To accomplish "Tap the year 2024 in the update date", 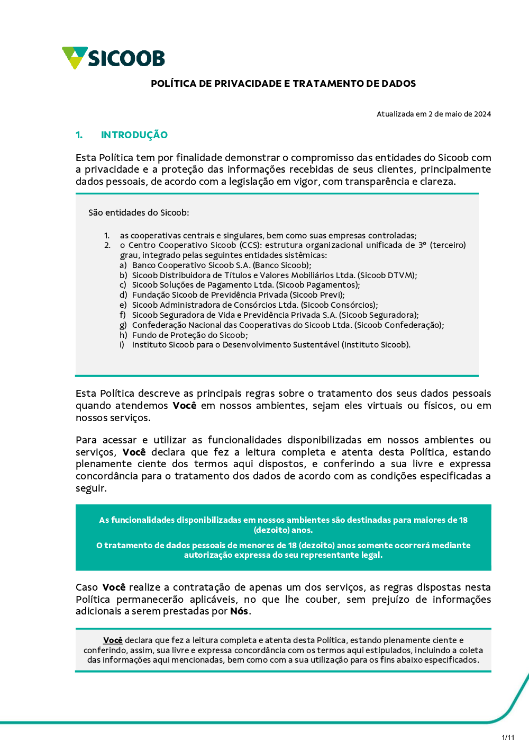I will pyautogui.click(x=482, y=114).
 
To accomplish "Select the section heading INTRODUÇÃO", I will pyautogui.click(x=134, y=135).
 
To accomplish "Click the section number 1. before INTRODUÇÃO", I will pyautogui.click(x=79, y=135).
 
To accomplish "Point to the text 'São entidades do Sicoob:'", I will pyautogui.click(x=139, y=213).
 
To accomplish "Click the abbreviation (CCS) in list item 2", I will pyautogui.click(x=250, y=245).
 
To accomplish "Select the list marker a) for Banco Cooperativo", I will pyautogui.click(x=123, y=265).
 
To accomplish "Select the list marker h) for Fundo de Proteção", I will pyautogui.click(x=123, y=335).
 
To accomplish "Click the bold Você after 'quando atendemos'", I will pyautogui.click(x=185, y=406).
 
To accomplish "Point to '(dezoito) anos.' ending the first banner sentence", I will pyautogui.click(x=284, y=530).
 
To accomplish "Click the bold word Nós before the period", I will pyautogui.click(x=239, y=611).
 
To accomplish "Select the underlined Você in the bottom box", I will pyautogui.click(x=113, y=640).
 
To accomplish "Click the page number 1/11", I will pyautogui.click(x=508, y=737).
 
